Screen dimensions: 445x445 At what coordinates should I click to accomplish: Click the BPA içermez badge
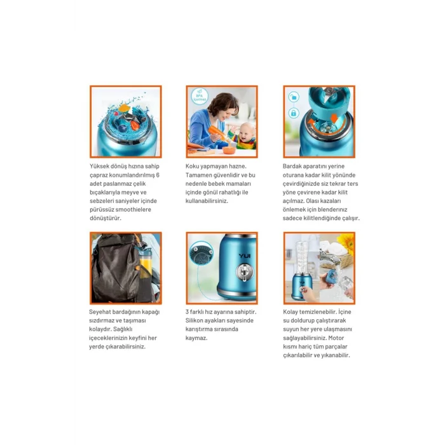pyautogui.click(x=199, y=96)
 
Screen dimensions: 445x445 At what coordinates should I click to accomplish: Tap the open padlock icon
pyautogui.click(x=294, y=97)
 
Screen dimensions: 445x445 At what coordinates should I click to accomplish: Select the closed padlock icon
pyautogui.click(x=294, y=113)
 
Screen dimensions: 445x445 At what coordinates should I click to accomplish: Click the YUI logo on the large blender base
pyautogui.click(x=245, y=256)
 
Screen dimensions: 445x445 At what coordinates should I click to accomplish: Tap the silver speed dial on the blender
pyautogui.click(x=244, y=272)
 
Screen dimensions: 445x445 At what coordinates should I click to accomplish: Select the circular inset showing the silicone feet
pyautogui.click(x=202, y=252)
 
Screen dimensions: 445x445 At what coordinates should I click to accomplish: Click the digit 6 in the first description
pyautogui.click(x=158, y=175)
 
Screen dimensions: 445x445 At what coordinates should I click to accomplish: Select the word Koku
pyautogui.click(x=192, y=167)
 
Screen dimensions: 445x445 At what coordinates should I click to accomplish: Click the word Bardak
pyautogui.click(x=291, y=167)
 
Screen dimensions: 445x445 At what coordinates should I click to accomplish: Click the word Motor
pyautogui.click(x=336, y=338)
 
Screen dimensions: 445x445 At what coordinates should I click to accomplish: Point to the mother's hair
pyautogui.click(x=222, y=103)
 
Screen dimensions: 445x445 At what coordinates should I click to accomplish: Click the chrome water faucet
pyautogui.click(x=329, y=255)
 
